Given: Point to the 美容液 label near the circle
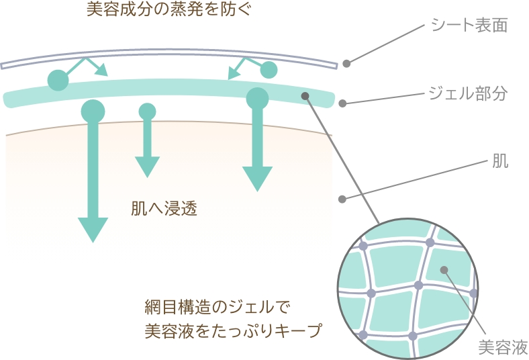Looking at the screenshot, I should coord(503,347).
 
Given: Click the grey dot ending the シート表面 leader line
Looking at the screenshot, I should coord(346,64).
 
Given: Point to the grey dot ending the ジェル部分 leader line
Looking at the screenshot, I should coord(342,104).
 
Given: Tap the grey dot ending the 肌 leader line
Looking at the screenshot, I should coord(342,199).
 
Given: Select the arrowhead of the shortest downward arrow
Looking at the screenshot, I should coord(147,166).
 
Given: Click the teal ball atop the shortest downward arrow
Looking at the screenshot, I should coord(147,111).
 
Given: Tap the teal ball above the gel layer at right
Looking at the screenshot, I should coord(269,70).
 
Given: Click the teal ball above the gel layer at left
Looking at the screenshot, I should coord(58,80).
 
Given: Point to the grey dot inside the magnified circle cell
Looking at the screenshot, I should coord(443,270).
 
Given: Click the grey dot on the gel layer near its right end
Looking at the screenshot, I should coord(305,96).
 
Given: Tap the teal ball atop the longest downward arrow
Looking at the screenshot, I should coord(93,110).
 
